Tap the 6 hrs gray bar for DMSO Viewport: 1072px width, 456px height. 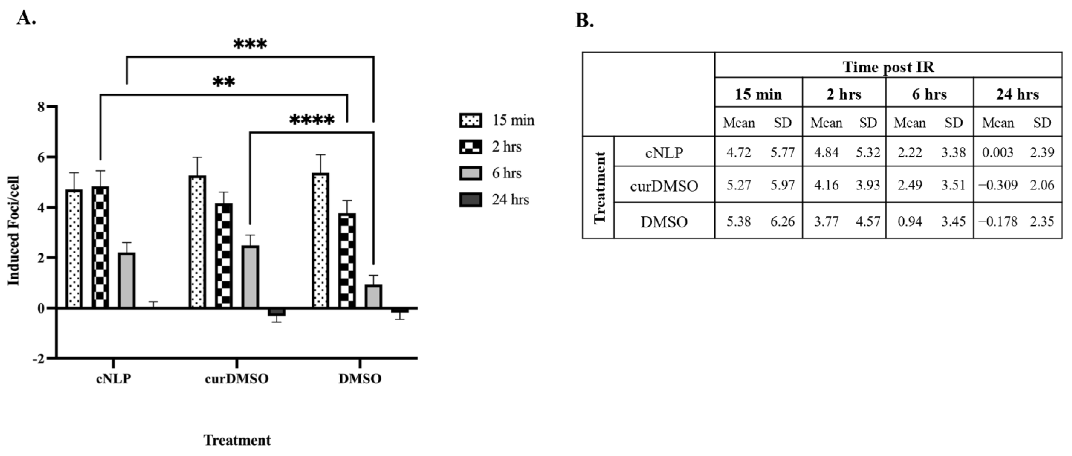click(x=373, y=296)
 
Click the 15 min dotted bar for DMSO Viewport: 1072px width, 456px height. click(x=320, y=240)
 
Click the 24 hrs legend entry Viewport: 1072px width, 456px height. click(x=510, y=200)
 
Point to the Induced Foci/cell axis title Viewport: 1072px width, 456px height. click(x=14, y=231)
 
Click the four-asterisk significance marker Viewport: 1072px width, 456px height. click(x=312, y=121)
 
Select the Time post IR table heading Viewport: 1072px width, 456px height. click(x=888, y=67)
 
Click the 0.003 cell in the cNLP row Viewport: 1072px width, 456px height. click(x=997, y=152)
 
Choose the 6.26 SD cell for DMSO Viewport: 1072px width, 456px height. click(x=782, y=221)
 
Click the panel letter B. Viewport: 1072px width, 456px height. click(x=584, y=21)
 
